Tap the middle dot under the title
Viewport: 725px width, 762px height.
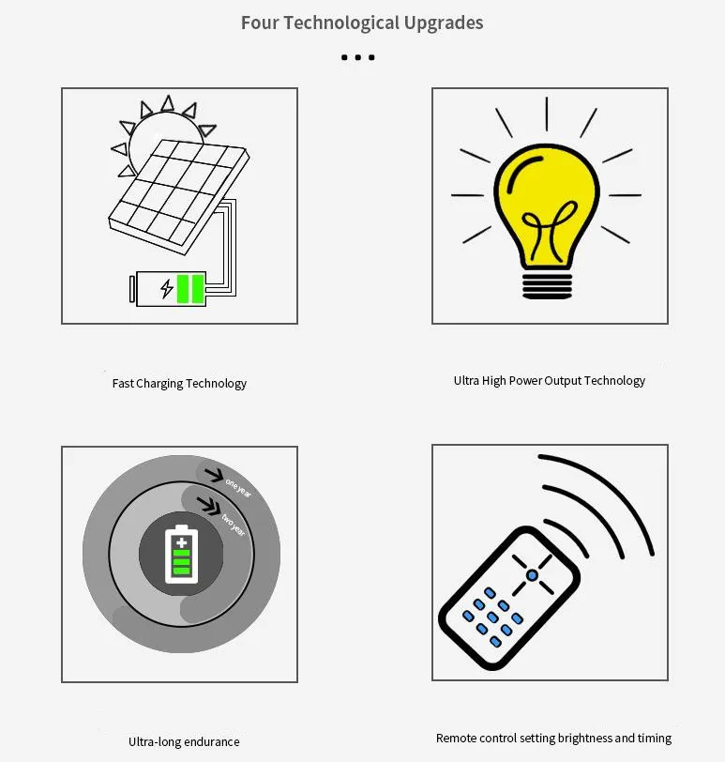click(358, 57)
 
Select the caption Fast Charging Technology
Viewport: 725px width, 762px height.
click(179, 383)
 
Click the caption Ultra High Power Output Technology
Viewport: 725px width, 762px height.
click(550, 380)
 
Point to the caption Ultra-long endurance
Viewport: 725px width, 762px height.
click(184, 741)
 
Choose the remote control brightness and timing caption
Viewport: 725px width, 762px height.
click(553, 738)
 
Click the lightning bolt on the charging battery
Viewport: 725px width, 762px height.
click(167, 288)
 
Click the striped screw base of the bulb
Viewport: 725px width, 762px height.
click(547, 282)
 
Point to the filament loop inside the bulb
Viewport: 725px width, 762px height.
click(545, 230)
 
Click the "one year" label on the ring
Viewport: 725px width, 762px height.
click(238, 485)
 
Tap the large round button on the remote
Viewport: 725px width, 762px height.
click(532, 574)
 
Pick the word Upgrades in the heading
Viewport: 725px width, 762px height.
click(442, 23)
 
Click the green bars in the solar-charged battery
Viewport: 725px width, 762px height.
click(191, 288)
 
